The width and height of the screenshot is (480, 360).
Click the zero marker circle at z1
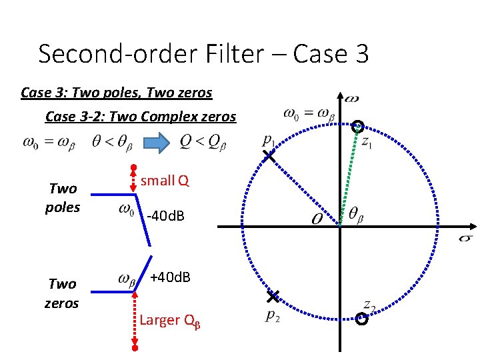click(359, 125)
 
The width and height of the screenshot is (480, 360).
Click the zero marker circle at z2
click(362, 319)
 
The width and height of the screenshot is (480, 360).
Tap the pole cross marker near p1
click(268, 157)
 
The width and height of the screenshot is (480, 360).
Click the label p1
click(268, 141)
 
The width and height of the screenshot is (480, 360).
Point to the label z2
click(369, 305)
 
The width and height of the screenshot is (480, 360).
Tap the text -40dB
click(165, 215)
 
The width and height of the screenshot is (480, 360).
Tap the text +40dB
click(170, 277)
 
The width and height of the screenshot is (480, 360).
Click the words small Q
click(165, 180)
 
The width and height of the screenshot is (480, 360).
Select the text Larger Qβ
click(170, 320)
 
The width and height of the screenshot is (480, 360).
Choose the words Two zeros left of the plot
click(62, 293)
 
